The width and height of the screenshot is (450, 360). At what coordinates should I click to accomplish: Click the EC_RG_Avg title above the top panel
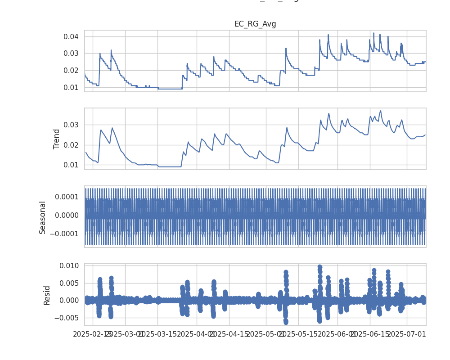[255, 24]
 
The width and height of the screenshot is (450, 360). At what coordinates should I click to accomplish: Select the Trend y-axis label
[57, 139]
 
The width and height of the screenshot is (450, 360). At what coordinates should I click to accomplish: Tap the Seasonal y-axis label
[43, 217]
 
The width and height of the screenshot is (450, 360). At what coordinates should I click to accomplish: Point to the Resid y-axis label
[47, 295]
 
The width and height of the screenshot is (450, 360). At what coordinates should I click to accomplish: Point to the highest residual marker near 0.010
[319, 267]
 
